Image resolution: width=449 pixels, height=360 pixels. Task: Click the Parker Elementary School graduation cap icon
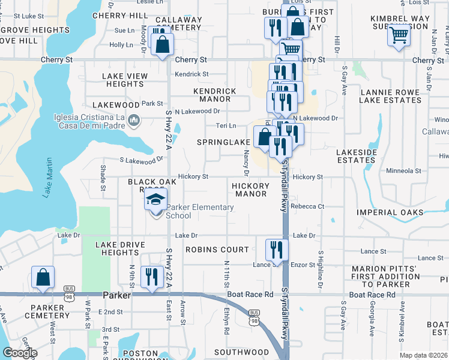point(156,199)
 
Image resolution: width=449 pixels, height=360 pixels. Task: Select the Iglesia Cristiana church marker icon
point(134,122)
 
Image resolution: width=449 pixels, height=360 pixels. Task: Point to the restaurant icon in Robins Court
point(277,248)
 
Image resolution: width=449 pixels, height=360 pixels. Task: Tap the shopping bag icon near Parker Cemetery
point(43,277)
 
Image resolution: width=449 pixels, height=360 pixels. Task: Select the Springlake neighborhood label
point(224,142)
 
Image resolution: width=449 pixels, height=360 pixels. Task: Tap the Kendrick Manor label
point(215,95)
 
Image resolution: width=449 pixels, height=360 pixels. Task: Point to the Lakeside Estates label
point(356,156)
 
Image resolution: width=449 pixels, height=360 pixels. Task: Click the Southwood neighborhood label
point(242,352)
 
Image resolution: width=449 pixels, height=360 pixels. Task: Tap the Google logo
point(20,353)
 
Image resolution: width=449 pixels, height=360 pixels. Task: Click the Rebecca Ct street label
point(307,206)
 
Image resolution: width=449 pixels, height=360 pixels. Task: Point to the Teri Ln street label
point(226,125)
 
